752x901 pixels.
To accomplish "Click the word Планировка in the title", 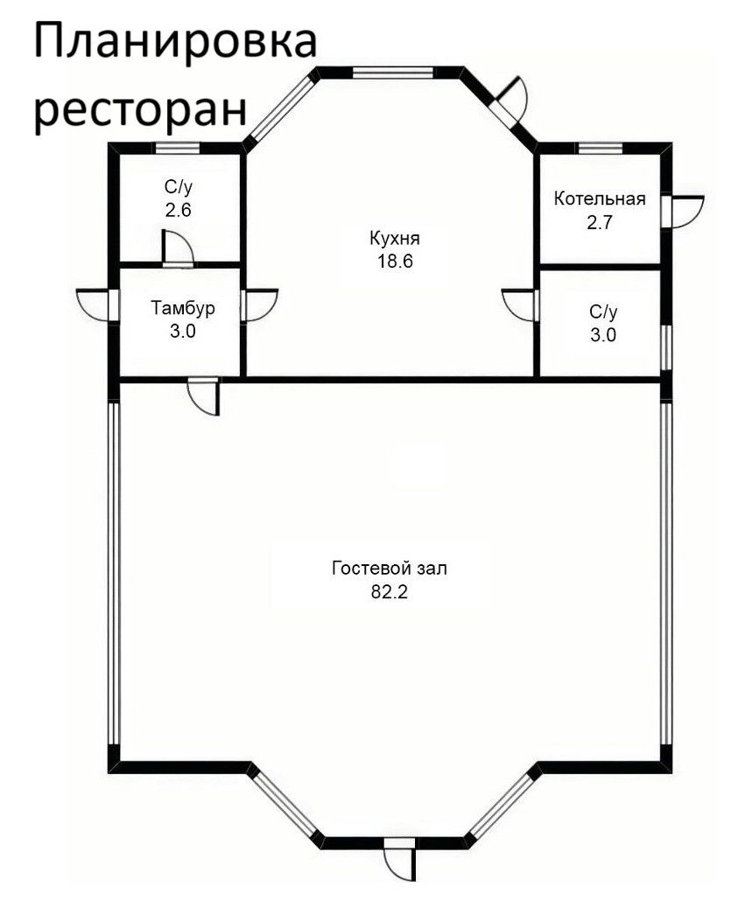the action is [x=175, y=41].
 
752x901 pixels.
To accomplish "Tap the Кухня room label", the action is [x=395, y=238].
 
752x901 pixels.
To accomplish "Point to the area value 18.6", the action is [x=395, y=262].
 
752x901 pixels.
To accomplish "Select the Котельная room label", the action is [x=600, y=199].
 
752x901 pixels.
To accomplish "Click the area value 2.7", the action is [x=600, y=222].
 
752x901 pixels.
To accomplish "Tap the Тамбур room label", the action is [x=183, y=309].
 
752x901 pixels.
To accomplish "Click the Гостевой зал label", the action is [x=390, y=569].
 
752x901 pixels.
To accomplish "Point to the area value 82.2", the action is [x=390, y=592].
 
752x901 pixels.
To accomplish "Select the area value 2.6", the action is [x=178, y=210].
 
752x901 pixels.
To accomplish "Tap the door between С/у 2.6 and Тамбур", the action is [x=178, y=248].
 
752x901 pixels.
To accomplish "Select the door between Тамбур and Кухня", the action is [x=259, y=304].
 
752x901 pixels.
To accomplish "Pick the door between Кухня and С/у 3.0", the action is [x=520, y=304].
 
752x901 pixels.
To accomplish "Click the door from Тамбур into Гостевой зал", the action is [x=204, y=396].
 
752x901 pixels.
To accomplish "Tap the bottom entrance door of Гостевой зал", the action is [x=399, y=859].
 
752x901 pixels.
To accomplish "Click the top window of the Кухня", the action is [x=392, y=73].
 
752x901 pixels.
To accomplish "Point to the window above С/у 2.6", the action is [x=178, y=148].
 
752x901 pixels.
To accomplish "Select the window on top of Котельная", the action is [x=601, y=148].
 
